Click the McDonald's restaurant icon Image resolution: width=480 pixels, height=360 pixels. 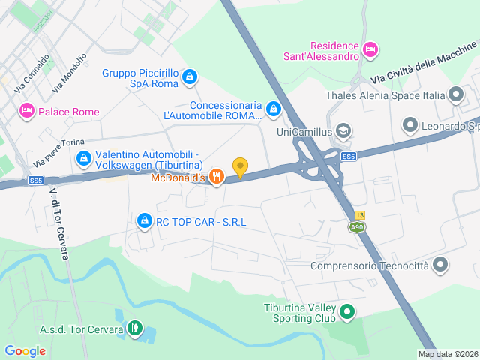[216, 177]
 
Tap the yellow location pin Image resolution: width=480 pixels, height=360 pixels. [240, 167]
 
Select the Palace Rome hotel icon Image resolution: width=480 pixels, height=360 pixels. [26, 111]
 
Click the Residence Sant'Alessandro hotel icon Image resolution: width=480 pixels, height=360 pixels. [369, 49]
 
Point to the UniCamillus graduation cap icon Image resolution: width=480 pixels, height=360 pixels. [343, 132]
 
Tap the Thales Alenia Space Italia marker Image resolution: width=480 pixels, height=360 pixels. [455, 94]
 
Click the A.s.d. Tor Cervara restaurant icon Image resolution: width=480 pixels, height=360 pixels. [134, 327]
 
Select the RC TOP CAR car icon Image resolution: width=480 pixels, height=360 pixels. [144, 221]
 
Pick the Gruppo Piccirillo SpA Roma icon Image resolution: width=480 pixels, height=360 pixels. [190, 76]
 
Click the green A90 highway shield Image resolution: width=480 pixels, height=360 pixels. [358, 227]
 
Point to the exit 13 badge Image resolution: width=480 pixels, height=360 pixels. [360, 215]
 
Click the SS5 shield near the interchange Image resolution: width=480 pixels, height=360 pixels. [347, 157]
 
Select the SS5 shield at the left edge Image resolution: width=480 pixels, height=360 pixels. [36, 181]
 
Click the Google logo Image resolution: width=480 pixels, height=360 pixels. [25, 350]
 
